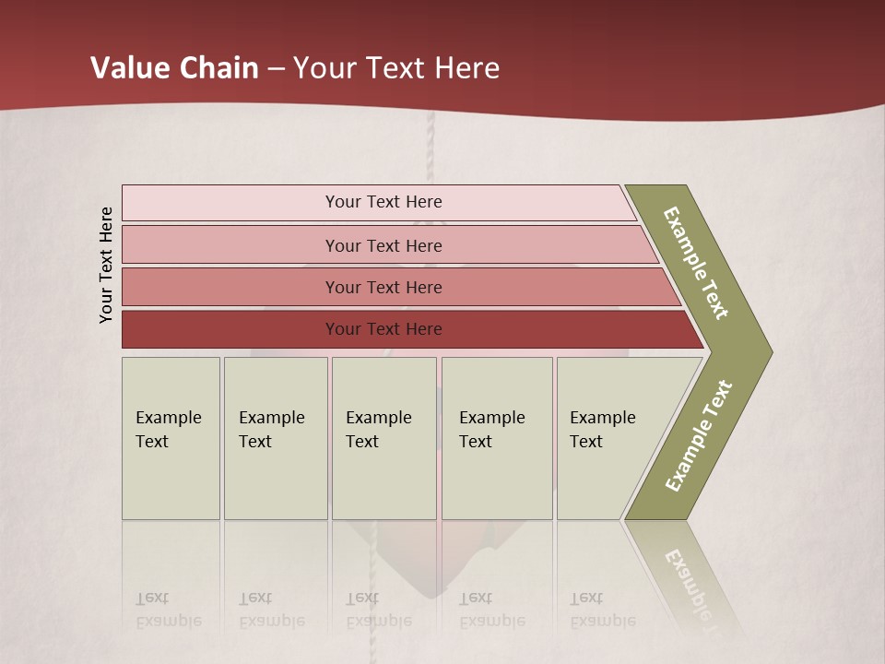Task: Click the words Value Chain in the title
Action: pyautogui.click(x=174, y=68)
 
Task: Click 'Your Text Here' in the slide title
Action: pyautogui.click(x=396, y=68)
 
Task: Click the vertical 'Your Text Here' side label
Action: pyautogui.click(x=106, y=265)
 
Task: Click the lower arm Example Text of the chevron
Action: pyautogui.click(x=699, y=436)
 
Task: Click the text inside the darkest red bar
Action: pyautogui.click(x=383, y=329)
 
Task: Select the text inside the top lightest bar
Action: pyautogui.click(x=383, y=202)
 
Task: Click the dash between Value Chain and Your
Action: pyautogui.click(x=276, y=69)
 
